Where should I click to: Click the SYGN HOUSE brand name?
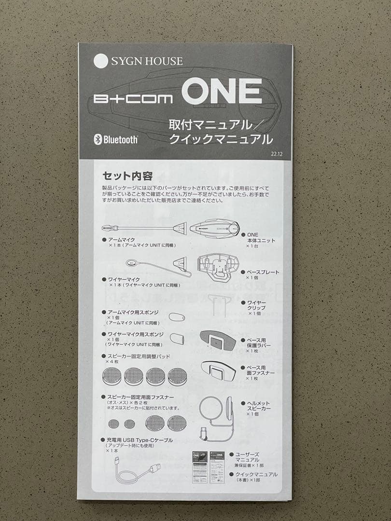[147, 61]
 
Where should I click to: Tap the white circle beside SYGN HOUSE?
[101, 61]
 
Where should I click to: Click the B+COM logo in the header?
[133, 99]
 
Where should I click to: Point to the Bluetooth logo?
[115, 140]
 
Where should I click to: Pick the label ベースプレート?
[263, 272]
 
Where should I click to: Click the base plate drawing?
[218, 267]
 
